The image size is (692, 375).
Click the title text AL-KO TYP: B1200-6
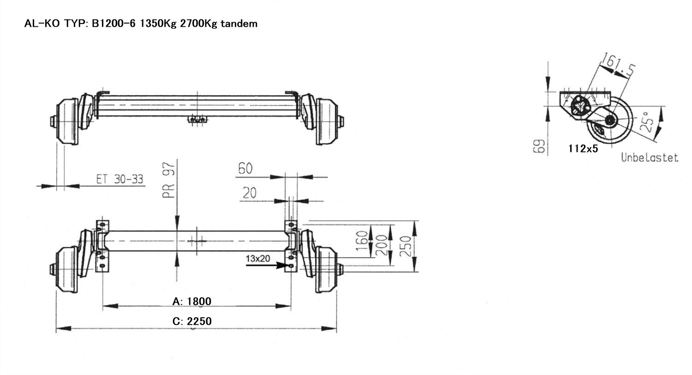(80, 24)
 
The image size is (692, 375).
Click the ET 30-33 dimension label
(119, 179)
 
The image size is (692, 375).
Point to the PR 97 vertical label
(169, 180)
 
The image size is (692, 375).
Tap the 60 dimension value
(245, 169)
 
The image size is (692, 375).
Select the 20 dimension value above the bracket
(249, 193)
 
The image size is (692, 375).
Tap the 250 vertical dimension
(406, 247)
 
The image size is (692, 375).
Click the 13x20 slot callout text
(258, 259)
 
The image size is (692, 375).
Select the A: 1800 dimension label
(192, 302)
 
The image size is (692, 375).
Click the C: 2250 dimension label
(192, 321)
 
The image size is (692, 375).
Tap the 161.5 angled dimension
(617, 66)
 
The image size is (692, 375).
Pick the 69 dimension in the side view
(539, 146)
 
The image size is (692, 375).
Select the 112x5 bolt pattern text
(583, 149)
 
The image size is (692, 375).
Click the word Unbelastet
(650, 157)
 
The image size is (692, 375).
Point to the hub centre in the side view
(610, 120)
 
